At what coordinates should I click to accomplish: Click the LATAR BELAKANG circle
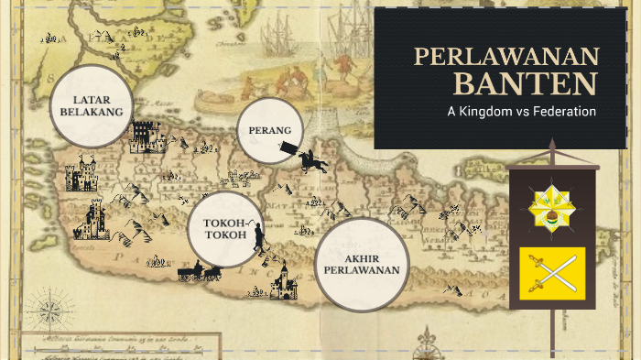click(x=92, y=105)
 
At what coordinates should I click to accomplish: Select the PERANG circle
click(x=270, y=130)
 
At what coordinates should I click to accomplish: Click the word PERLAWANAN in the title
click(x=505, y=57)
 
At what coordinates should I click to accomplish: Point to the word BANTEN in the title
click(x=525, y=84)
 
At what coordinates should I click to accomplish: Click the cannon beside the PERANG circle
click(x=290, y=147)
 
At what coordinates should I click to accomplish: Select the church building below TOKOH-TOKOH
click(x=285, y=281)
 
